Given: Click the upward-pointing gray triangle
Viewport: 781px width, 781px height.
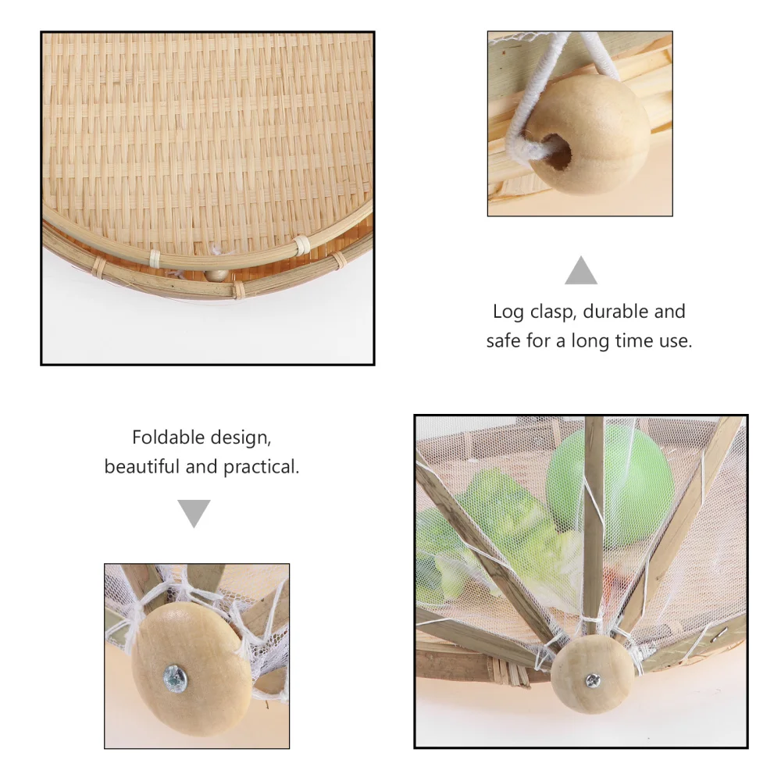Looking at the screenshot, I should coord(581,271).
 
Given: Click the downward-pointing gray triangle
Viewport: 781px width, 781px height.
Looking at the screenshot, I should coord(194,513).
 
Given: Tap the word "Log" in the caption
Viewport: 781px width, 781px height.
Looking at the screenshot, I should coord(508,312).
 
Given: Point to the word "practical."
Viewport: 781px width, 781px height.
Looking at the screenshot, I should coord(262,467).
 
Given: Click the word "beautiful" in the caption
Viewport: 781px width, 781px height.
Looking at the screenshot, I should coord(144,467).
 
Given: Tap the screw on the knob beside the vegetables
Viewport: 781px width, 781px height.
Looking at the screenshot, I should coord(594,682).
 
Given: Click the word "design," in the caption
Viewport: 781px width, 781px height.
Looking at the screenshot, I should coord(238,437).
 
